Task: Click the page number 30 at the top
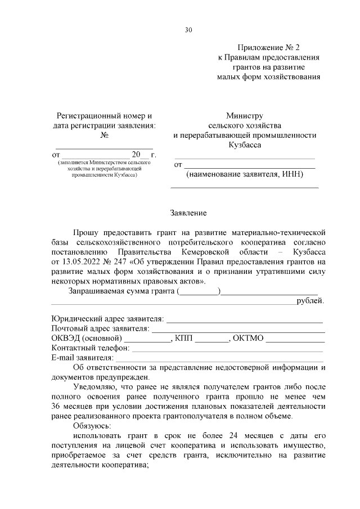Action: coord(188,30)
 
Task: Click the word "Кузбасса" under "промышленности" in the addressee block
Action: coord(245,145)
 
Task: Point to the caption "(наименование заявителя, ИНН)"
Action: coord(245,174)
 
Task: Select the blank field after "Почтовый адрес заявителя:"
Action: coord(237,328)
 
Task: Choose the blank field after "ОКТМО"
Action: coord(295,339)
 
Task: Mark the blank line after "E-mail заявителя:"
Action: coord(219,358)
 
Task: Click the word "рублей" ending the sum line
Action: coord(310,301)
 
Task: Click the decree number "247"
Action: coord(119,262)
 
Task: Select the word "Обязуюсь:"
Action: coord(92,426)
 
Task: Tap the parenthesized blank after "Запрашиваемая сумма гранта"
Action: coord(199,291)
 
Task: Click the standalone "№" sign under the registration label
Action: coord(104,135)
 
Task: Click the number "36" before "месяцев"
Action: coord(56,406)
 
